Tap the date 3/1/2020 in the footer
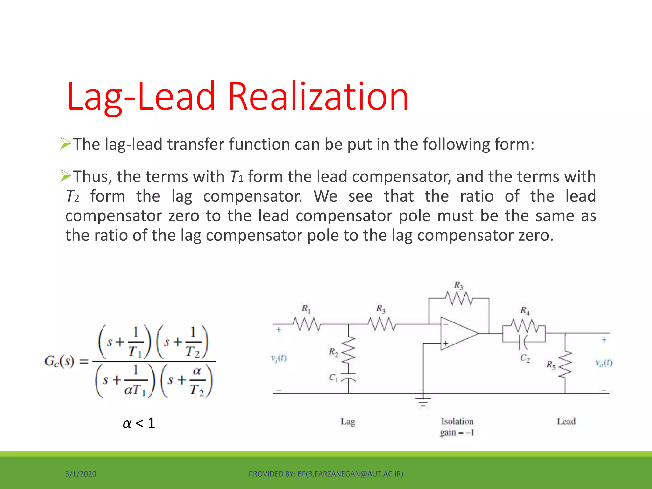point(81,474)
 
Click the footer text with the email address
point(326,474)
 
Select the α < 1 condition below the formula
point(139,423)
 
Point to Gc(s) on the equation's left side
point(60,361)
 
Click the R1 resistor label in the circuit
point(306,308)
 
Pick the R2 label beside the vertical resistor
point(333,352)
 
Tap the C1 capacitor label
point(333,378)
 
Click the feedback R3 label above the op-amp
point(458,285)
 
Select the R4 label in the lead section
point(525,310)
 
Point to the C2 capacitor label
point(525,358)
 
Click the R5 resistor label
point(551,365)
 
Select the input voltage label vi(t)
point(279,359)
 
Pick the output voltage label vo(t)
point(604,363)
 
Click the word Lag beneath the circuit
point(348,422)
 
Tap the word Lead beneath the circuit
point(566,422)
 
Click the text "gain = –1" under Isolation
point(457,433)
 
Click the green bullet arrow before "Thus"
point(66,176)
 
